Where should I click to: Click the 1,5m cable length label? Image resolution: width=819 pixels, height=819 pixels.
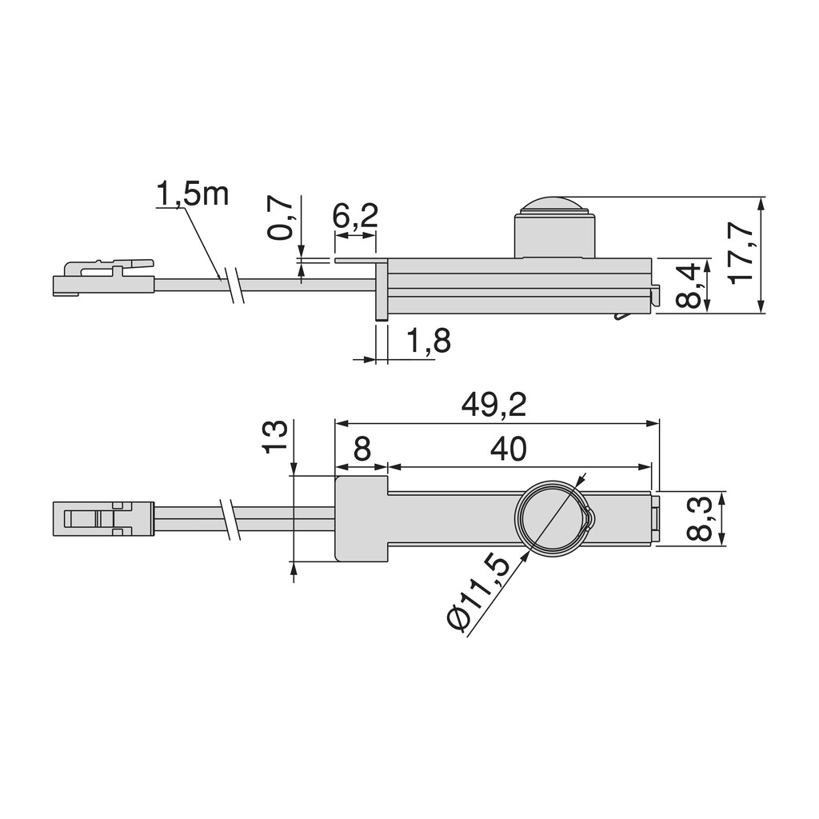(x=192, y=194)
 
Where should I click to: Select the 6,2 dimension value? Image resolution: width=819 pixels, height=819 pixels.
(x=354, y=217)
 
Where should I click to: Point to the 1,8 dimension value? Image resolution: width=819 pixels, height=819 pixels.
(x=429, y=342)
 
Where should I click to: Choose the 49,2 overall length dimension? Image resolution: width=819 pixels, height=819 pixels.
(x=493, y=406)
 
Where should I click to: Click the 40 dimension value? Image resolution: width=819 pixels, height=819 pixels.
(x=509, y=450)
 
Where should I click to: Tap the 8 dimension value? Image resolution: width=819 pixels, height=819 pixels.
(x=362, y=450)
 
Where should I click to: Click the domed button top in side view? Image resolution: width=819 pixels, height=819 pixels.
(x=554, y=204)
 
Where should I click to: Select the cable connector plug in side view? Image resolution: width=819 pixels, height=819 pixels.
(x=103, y=278)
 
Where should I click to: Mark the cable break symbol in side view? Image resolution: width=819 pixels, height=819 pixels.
(x=234, y=285)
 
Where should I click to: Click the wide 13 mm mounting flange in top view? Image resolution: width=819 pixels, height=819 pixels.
(x=361, y=518)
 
